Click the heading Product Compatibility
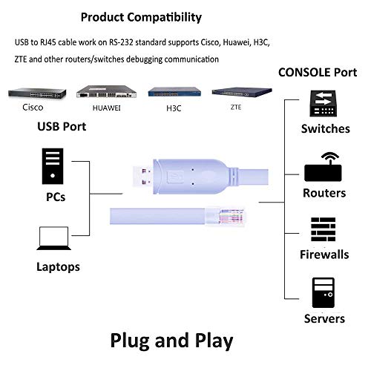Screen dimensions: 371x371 coord(140,16)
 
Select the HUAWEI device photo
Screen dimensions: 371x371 coord(108,93)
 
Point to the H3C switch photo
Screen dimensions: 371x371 coord(174,93)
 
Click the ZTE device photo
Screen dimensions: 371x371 coord(239,93)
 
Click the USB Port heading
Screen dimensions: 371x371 coord(62,126)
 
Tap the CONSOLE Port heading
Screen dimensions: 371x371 coord(317,73)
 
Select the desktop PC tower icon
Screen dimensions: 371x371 coord(51,168)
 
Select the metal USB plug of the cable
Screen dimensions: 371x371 coord(142,176)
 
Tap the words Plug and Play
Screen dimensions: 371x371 coord(171,340)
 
